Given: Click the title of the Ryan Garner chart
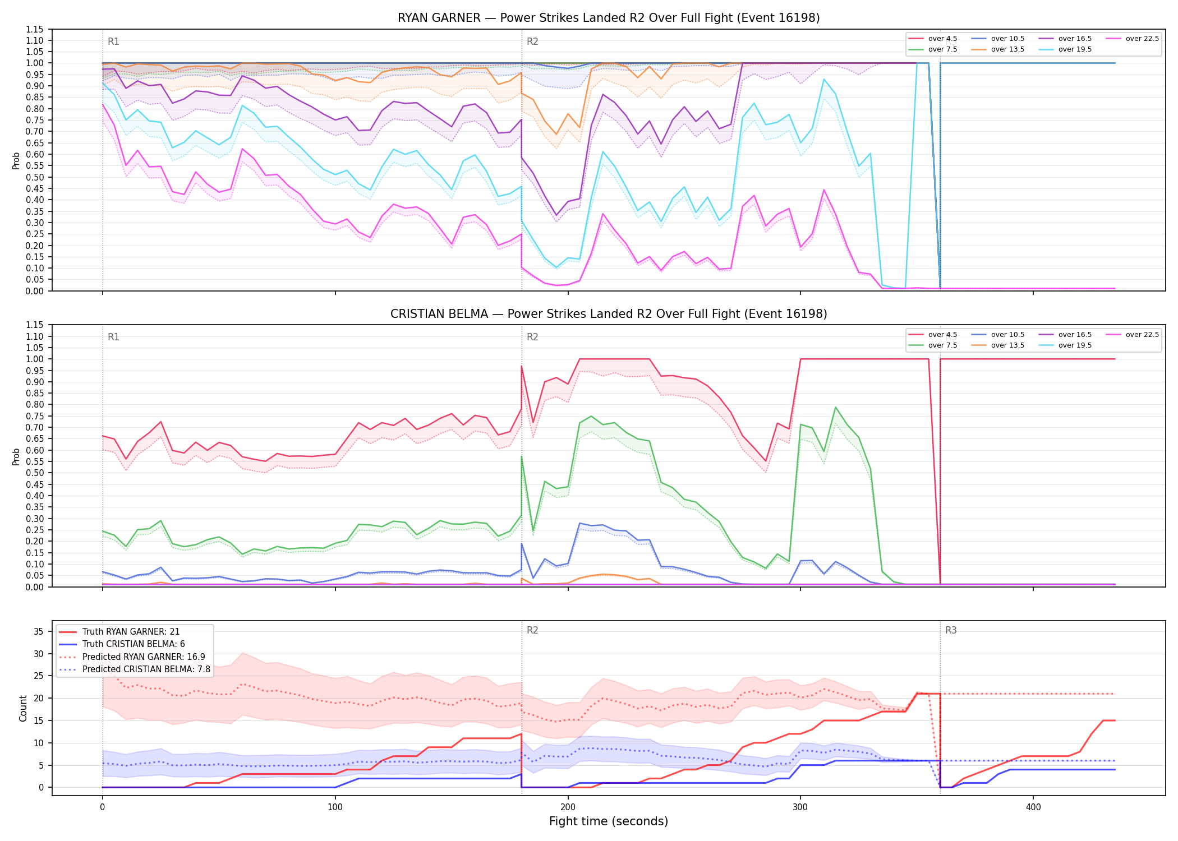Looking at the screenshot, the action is point(609,18).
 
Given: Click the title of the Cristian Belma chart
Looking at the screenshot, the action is point(609,314).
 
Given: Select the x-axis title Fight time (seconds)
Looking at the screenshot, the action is point(609,821).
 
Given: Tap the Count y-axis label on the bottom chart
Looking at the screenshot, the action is point(23,708).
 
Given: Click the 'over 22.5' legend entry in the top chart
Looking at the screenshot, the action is point(1133,39).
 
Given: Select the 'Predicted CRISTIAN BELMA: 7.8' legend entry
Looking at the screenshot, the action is point(135,669).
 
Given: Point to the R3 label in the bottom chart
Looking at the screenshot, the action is point(951,630).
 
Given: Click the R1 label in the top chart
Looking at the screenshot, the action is point(113,41).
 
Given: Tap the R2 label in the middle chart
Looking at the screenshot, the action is point(532,337).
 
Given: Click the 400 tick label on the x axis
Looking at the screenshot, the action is point(1033,807).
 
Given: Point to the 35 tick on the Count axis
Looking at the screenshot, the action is point(39,631).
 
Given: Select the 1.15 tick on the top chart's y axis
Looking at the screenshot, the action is point(35,29).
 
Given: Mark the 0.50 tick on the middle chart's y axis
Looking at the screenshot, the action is point(35,473).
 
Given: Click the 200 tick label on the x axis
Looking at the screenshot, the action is point(568,807).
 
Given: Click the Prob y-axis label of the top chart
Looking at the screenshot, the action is point(16,160).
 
